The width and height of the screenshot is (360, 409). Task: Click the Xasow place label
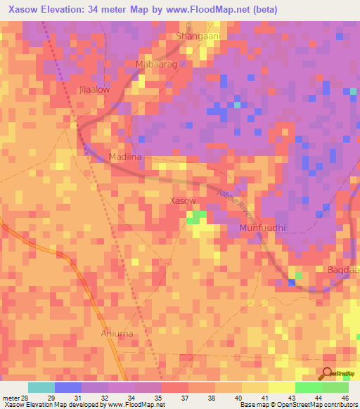tap(184, 201)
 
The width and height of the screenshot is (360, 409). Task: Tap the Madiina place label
tap(126, 158)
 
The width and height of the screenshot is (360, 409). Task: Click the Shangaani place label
tap(199, 37)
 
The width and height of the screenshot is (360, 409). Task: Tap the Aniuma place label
tap(117, 333)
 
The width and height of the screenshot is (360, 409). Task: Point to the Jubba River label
tap(234, 201)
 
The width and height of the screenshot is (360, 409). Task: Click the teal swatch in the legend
tap(41, 387)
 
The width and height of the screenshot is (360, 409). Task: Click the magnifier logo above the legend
tap(328, 374)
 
